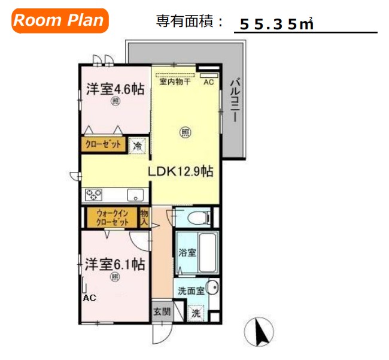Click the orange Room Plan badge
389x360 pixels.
pos(59,20)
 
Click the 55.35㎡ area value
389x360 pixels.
pos(276,25)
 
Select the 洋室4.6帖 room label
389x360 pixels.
pos(115,90)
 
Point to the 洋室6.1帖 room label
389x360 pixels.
pos(116,264)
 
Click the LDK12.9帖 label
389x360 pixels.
pos(181,171)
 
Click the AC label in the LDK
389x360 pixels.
pos(208,83)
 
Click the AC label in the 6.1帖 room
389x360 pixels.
pos(89,298)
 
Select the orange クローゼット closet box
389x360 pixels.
pos(103,145)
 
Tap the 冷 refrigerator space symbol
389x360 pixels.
pos(138,145)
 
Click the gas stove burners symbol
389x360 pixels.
pos(94,195)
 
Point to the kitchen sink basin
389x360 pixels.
pos(135,195)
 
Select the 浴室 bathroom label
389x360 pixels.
pos(187,253)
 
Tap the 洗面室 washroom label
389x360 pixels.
pos(191,291)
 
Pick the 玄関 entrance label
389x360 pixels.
pos(161,311)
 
